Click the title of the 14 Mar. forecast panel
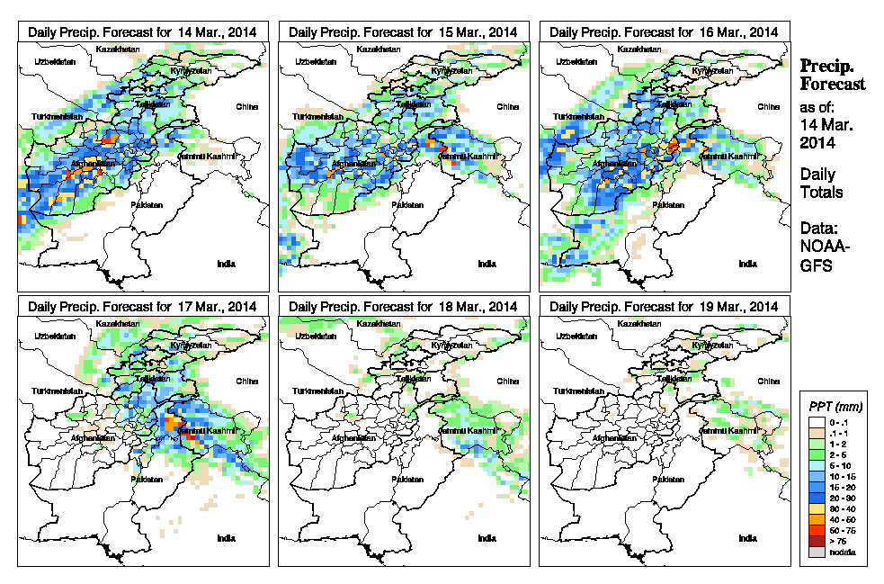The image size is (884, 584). (x=143, y=31)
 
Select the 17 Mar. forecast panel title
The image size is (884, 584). (x=143, y=306)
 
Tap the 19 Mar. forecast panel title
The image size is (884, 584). (x=664, y=306)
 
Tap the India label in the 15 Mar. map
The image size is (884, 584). (x=487, y=264)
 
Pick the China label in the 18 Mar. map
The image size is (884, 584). (x=506, y=381)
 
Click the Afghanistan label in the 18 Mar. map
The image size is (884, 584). (x=353, y=438)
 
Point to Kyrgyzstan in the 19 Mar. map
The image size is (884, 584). (x=710, y=346)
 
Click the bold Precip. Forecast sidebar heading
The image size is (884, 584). (x=833, y=75)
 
